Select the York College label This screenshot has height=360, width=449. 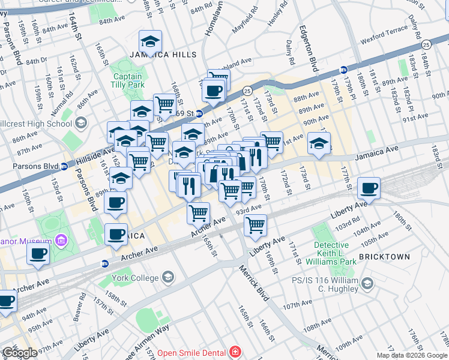(x=137, y=278)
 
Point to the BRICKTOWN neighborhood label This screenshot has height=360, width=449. (x=384, y=257)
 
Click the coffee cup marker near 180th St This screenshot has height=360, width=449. (x=369, y=189)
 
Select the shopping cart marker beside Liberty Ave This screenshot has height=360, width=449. (x=256, y=226)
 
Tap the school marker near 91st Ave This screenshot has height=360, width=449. (x=319, y=143)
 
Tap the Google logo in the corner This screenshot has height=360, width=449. (x=19, y=353)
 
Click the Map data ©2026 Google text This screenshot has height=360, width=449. (x=412, y=355)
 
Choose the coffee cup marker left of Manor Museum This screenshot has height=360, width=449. (x=38, y=253)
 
